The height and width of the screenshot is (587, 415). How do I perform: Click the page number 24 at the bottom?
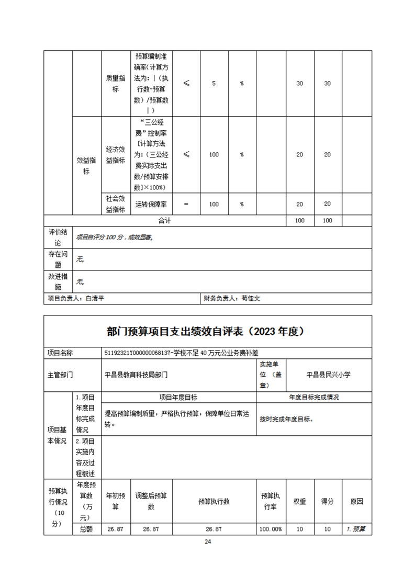tap(208, 541)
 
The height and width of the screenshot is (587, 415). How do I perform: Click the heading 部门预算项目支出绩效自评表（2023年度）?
tap(207, 332)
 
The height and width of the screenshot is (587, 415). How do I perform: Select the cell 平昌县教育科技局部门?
tap(137, 375)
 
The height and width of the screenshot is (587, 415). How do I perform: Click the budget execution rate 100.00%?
tap(271, 529)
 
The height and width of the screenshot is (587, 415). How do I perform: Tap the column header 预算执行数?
tap(214, 501)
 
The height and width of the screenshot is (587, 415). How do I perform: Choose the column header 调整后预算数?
tap(151, 501)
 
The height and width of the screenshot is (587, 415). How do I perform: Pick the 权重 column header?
tap(299, 501)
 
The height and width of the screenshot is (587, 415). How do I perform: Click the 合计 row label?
tap(164, 221)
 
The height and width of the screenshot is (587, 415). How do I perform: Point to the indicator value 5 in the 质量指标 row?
tap(214, 84)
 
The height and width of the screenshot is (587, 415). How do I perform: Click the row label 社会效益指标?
tap(115, 204)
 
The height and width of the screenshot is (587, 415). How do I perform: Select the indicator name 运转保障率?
tap(151, 204)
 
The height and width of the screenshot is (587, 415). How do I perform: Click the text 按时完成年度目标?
tap(287, 419)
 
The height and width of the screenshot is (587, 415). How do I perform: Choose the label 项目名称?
tap(60, 353)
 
